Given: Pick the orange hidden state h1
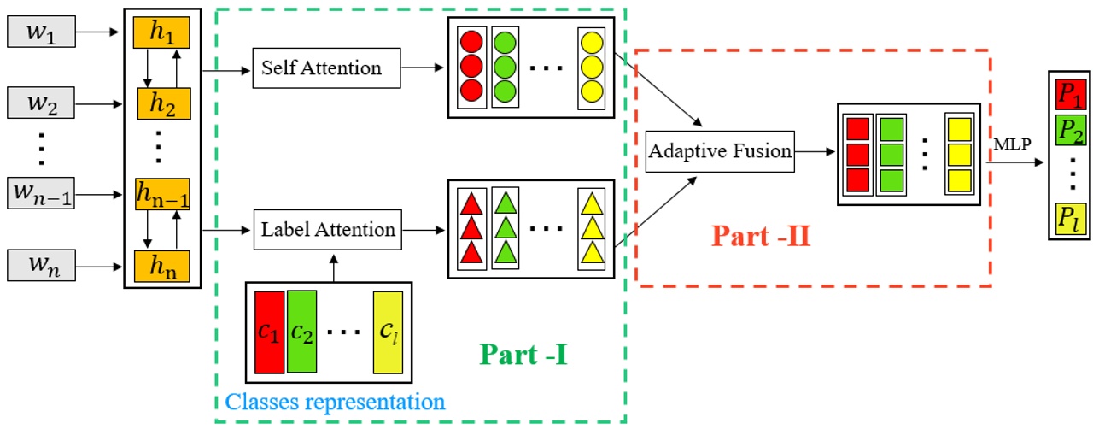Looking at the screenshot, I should pos(161,33).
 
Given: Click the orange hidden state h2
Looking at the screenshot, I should pos(161,106).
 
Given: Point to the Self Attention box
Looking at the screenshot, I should pos(327,68).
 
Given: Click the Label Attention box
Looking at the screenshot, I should pos(328,229).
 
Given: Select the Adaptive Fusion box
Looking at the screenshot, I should pos(720,151).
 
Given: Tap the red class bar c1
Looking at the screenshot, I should pos(269,332).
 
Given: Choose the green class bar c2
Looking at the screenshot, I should pos(301,332).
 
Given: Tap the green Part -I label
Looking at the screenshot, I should pos(523,353).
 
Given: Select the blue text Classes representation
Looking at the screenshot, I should pos(335,401).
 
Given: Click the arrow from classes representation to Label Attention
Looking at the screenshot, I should pos(329,266).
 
